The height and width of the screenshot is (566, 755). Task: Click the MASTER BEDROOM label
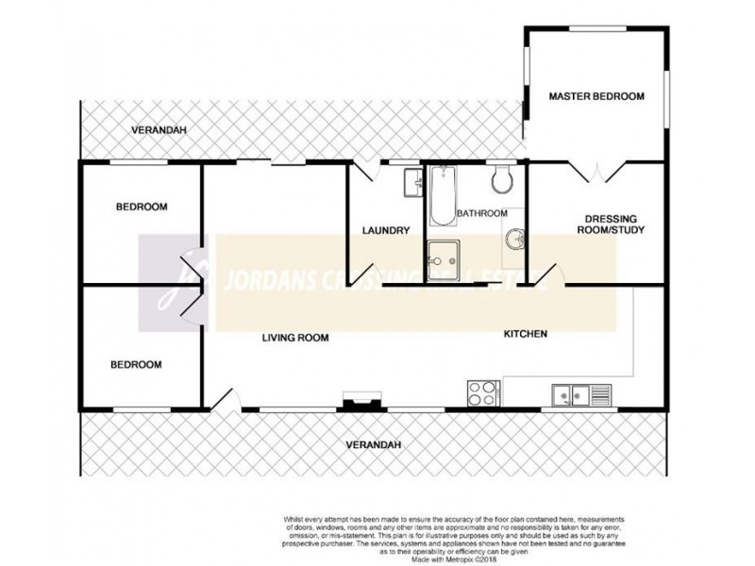(596, 96)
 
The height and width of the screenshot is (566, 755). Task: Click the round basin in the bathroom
(514, 240)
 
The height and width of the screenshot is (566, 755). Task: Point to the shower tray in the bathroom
(441, 256)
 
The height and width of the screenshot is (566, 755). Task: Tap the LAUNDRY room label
(385, 230)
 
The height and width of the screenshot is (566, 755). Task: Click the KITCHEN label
(526, 334)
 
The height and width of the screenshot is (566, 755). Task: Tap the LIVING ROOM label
(294, 338)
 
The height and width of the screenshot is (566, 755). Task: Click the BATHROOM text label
(482, 213)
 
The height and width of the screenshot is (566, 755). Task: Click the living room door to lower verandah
(225, 403)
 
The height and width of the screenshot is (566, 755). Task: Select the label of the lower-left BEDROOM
(137, 364)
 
